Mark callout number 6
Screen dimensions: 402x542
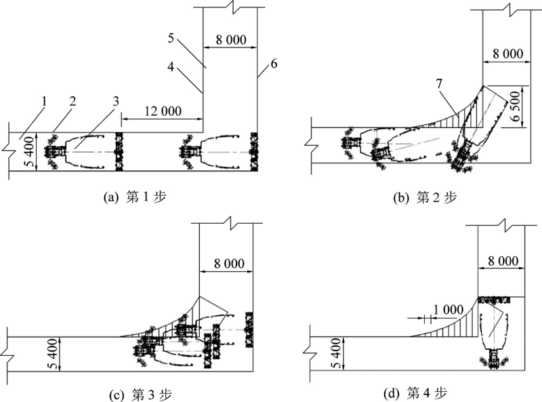273,64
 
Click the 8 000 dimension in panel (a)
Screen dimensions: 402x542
230,39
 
